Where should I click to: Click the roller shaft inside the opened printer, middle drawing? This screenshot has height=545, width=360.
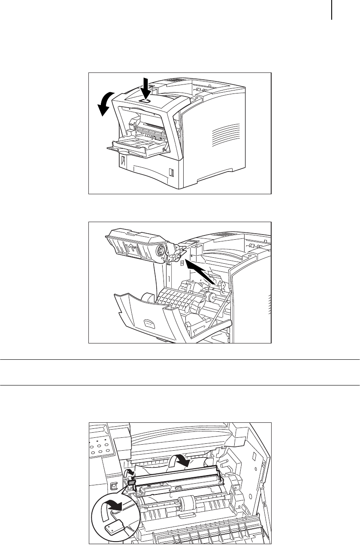pos(210,296)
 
